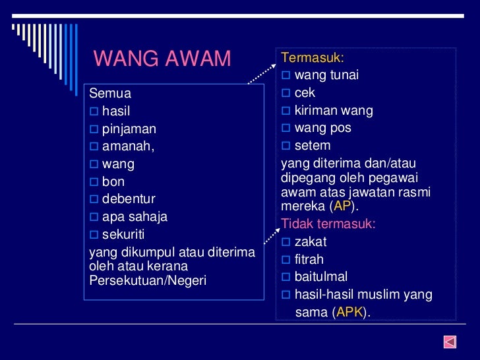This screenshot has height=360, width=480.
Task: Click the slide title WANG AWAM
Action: coord(162,59)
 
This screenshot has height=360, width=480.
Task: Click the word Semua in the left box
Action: coord(110,94)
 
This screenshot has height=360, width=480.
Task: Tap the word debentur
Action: coord(129,199)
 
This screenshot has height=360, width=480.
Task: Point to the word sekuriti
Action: coord(123,234)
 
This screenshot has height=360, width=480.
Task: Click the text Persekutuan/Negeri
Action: coord(148,280)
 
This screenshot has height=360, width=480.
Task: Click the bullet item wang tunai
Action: coord(326,75)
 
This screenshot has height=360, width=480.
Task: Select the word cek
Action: coord(305,93)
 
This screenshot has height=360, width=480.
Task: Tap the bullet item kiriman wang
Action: coord(334,111)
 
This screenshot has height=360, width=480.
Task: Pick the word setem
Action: coord(313,145)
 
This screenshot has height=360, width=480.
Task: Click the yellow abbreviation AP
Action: coord(343,206)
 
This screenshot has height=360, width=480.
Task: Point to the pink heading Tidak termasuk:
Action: coord(328,224)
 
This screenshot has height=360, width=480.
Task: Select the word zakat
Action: coord(311,242)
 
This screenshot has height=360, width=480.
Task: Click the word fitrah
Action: coord(309,260)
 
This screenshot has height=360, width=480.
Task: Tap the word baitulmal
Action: coord(321,277)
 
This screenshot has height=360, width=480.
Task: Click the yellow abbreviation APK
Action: coord(349,313)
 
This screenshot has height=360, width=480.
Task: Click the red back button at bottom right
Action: coord(450,342)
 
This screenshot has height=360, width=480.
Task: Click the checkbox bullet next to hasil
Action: coord(94,111)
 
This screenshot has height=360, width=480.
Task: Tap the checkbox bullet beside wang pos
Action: coord(286,128)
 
